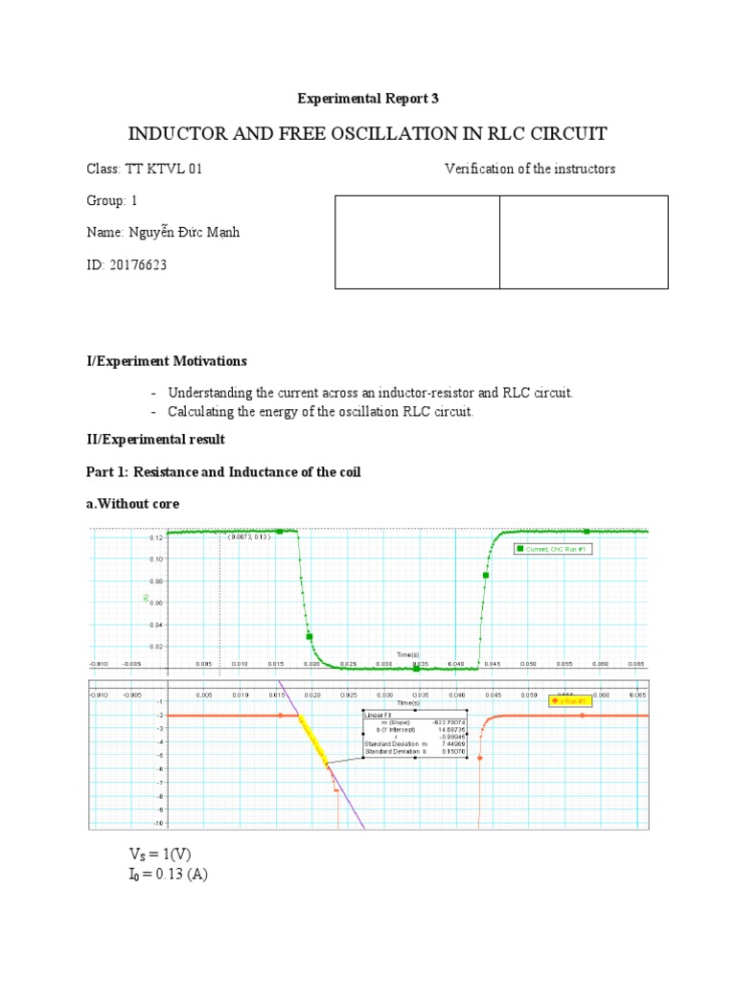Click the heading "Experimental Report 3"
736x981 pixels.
point(367,98)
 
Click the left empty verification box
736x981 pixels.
point(417,241)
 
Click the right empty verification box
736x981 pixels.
point(584,241)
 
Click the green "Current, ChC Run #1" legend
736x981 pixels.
point(560,549)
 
